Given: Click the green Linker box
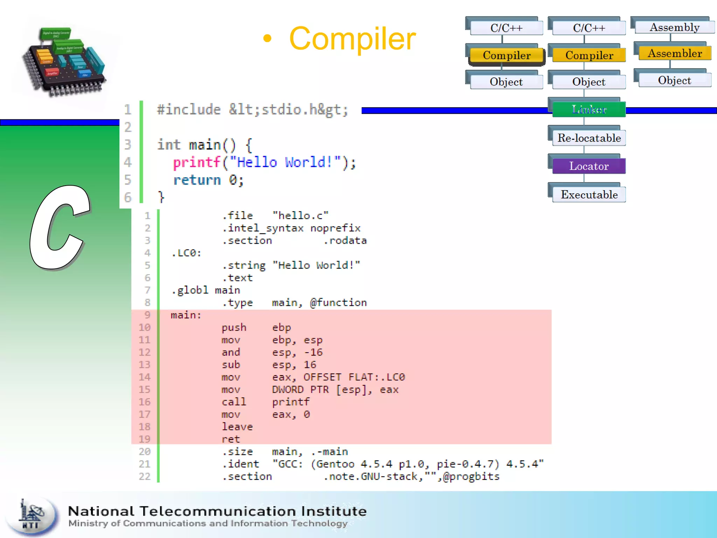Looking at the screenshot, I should (x=589, y=109).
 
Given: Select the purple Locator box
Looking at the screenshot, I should (x=589, y=166).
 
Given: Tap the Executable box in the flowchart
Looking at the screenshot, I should (x=589, y=194).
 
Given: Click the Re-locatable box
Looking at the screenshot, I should (x=589, y=138).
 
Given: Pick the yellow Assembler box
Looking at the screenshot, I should (x=675, y=53).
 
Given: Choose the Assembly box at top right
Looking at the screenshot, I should (x=675, y=27).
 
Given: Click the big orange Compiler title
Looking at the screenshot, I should (x=352, y=39).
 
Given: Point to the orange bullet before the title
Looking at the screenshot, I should (x=267, y=39).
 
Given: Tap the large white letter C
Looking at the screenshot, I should (x=60, y=228).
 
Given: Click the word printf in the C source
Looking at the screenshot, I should (x=196, y=163).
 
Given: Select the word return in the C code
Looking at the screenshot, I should (x=197, y=180).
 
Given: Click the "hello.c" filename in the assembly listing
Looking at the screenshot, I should (x=300, y=215).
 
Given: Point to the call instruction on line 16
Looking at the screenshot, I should (x=234, y=402).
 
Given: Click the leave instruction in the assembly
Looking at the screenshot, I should (x=237, y=427).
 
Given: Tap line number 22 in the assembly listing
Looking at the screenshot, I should (x=145, y=476).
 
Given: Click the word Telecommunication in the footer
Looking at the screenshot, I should (x=218, y=511).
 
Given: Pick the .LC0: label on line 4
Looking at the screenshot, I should (x=186, y=253).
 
